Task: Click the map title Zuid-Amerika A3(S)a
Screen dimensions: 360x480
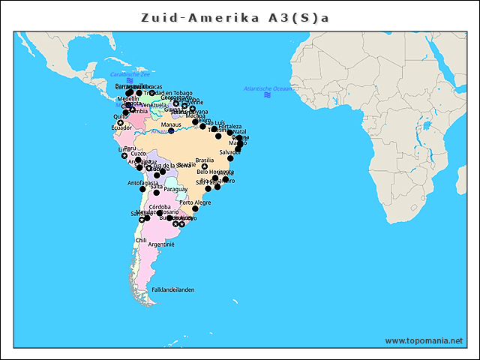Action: coord(235,17)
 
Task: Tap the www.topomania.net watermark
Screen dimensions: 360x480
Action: coord(424,340)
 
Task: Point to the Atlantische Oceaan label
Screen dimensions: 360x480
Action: coord(268,88)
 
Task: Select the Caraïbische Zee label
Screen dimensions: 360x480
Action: coord(130,74)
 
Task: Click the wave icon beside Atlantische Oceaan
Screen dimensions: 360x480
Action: coord(268,95)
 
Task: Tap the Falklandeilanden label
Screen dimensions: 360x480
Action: coord(173,289)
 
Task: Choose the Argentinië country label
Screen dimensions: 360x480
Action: coord(161,244)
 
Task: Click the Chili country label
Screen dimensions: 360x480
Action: coord(141,241)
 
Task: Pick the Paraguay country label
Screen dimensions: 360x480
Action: coord(175,189)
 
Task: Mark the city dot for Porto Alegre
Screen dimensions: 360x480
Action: coord(196,209)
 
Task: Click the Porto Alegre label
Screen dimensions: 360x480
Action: coord(195,202)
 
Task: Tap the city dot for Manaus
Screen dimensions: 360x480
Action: coord(171,131)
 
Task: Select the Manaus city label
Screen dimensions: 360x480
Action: coord(171,124)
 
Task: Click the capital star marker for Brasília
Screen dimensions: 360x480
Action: coord(204,166)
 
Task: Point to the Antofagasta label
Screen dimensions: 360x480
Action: coord(142,183)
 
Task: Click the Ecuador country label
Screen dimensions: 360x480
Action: coord(121,127)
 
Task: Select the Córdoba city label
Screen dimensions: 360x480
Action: coord(160,206)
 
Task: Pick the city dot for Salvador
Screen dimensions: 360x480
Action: coord(230,158)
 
